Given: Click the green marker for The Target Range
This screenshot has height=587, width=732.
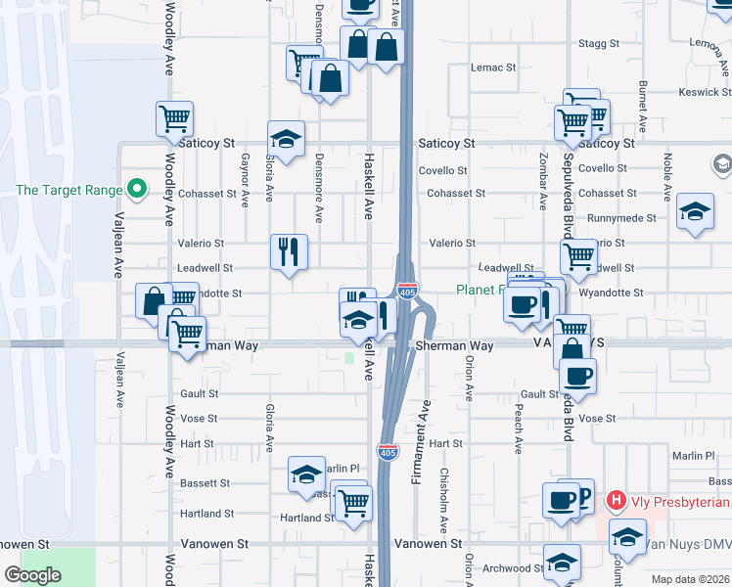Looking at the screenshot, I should (x=138, y=190).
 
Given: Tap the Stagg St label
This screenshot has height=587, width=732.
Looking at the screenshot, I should (x=599, y=44).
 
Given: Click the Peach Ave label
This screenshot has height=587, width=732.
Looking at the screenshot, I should (x=517, y=431).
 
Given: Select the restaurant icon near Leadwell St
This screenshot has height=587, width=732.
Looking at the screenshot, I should (x=290, y=251).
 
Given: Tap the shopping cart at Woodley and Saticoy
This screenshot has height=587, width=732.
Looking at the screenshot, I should (x=174, y=118).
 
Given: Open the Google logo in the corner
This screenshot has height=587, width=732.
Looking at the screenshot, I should (x=32, y=575).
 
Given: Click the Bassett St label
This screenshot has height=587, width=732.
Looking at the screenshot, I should (x=205, y=483).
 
